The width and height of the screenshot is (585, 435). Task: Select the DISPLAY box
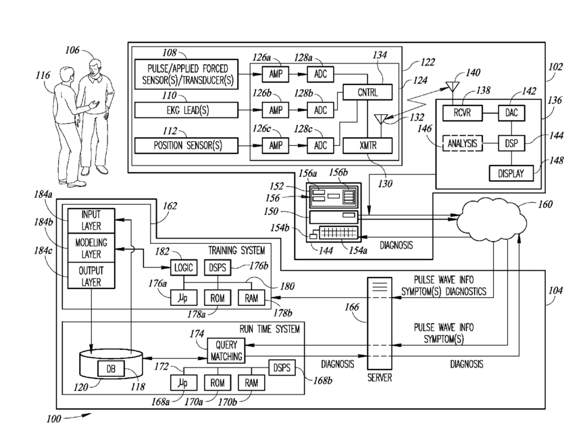[x=512, y=172]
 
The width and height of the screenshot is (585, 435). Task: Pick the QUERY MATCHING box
[x=225, y=350]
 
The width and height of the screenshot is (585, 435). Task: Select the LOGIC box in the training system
[x=182, y=267]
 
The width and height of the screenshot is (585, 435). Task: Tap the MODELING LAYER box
[x=91, y=248]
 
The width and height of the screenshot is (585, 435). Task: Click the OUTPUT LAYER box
[x=91, y=276]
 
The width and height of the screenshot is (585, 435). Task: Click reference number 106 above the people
[x=72, y=49]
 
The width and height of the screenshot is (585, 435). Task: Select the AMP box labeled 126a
[x=276, y=74]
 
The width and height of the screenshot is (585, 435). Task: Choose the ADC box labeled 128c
[x=320, y=145]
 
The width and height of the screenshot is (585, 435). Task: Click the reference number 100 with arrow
[x=53, y=419]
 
